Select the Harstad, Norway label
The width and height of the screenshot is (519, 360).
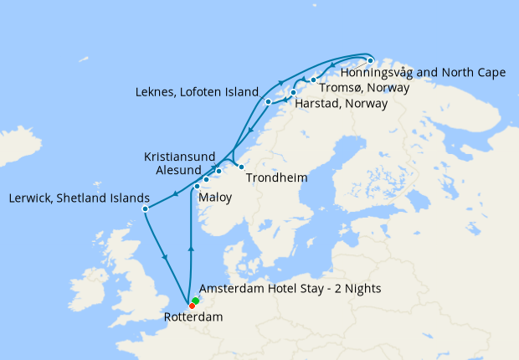[x=342, y=105]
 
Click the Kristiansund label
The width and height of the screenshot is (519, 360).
[x=179, y=157]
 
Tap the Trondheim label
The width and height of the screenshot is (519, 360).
[x=277, y=178]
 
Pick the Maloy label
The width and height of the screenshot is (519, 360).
[x=215, y=198]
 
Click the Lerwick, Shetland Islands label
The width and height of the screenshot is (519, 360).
[x=79, y=198]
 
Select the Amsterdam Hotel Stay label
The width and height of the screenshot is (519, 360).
[x=290, y=289]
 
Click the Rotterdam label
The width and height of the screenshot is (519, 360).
[x=193, y=317]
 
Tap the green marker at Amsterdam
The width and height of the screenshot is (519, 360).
[x=195, y=301]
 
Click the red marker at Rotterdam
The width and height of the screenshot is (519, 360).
[x=192, y=306]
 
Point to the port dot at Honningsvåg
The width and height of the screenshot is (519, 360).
[x=371, y=60]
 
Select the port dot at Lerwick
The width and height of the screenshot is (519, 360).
[x=145, y=208]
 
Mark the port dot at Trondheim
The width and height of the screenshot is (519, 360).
[x=241, y=167]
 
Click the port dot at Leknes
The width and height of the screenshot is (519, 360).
[x=268, y=102]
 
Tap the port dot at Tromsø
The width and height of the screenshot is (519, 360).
[x=313, y=80]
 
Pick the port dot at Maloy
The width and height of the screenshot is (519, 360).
[x=197, y=187]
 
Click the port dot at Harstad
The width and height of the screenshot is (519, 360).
[x=293, y=92]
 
